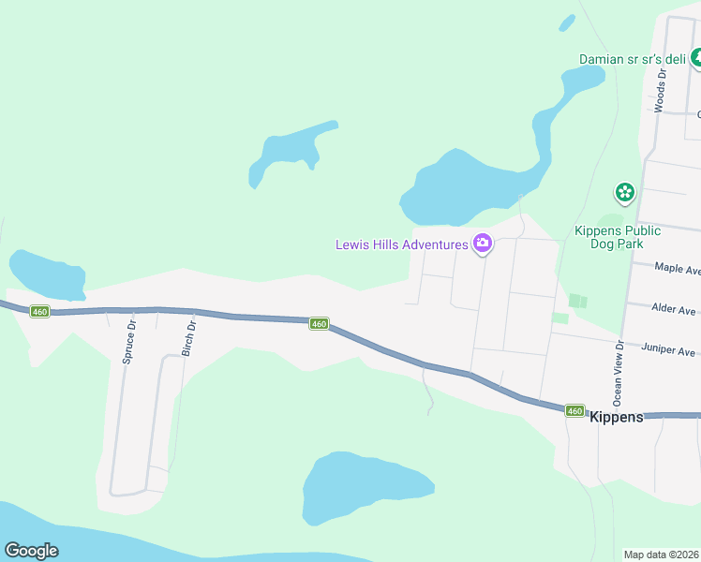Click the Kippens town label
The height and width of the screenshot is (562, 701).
(x=617, y=417)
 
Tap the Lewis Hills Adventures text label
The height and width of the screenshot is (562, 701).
(x=402, y=245)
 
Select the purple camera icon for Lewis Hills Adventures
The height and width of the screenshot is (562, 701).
(x=483, y=244)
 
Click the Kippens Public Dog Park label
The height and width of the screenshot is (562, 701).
(x=618, y=238)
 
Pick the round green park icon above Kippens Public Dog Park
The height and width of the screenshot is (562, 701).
(x=625, y=193)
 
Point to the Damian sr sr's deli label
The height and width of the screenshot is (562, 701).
(x=633, y=59)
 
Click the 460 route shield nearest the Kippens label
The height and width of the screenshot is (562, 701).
(x=574, y=411)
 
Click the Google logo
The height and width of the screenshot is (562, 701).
(x=31, y=551)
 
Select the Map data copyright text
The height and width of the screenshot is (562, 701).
(x=662, y=555)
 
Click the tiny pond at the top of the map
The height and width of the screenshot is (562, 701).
(x=566, y=22)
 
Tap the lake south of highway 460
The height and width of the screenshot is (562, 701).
(x=365, y=489)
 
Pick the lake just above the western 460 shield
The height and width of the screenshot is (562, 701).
(x=46, y=273)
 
